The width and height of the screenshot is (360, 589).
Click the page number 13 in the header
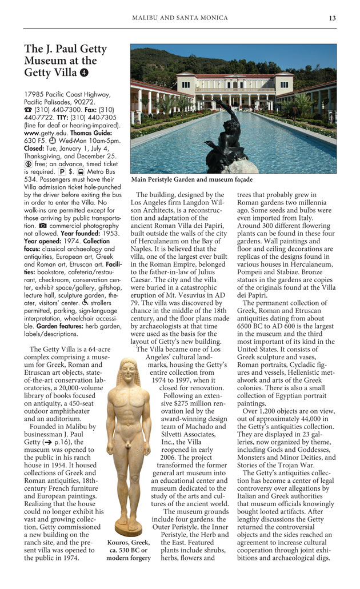[x=333, y=18]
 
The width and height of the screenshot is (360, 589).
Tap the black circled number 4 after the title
[x=84, y=73]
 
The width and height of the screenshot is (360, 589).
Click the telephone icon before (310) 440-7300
[x=27, y=109]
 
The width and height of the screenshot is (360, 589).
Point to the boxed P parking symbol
[x=62, y=171]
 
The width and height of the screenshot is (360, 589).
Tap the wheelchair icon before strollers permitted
[x=85, y=303]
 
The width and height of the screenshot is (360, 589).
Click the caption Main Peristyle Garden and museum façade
[x=191, y=179]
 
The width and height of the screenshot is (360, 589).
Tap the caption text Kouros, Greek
[x=129, y=542]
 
